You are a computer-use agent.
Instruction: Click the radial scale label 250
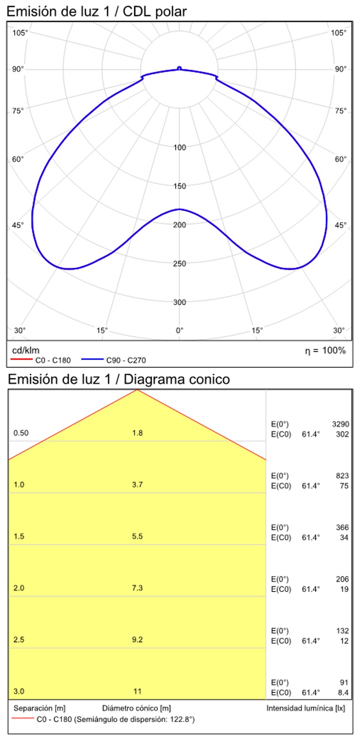(180, 263)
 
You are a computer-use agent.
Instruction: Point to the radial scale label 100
(180, 148)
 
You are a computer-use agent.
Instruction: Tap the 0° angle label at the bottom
(180, 330)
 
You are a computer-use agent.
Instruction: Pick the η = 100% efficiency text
(325, 350)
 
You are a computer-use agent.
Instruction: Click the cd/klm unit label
(25, 350)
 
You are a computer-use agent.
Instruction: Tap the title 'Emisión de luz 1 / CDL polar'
(97, 11)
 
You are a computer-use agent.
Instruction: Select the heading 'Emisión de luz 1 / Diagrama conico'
(119, 379)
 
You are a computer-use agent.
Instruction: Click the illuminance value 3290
(341, 424)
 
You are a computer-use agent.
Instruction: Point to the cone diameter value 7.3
(137, 588)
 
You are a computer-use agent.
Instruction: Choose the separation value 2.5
(19, 640)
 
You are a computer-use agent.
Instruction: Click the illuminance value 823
(342, 476)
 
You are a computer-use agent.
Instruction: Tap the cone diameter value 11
(137, 691)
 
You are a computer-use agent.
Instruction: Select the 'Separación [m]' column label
(39, 708)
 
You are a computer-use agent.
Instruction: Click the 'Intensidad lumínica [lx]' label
(306, 708)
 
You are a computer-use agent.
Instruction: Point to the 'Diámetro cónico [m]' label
(136, 708)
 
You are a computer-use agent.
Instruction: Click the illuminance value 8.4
(344, 692)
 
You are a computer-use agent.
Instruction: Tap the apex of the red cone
(137, 390)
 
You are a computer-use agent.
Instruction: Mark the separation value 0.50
(21, 433)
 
